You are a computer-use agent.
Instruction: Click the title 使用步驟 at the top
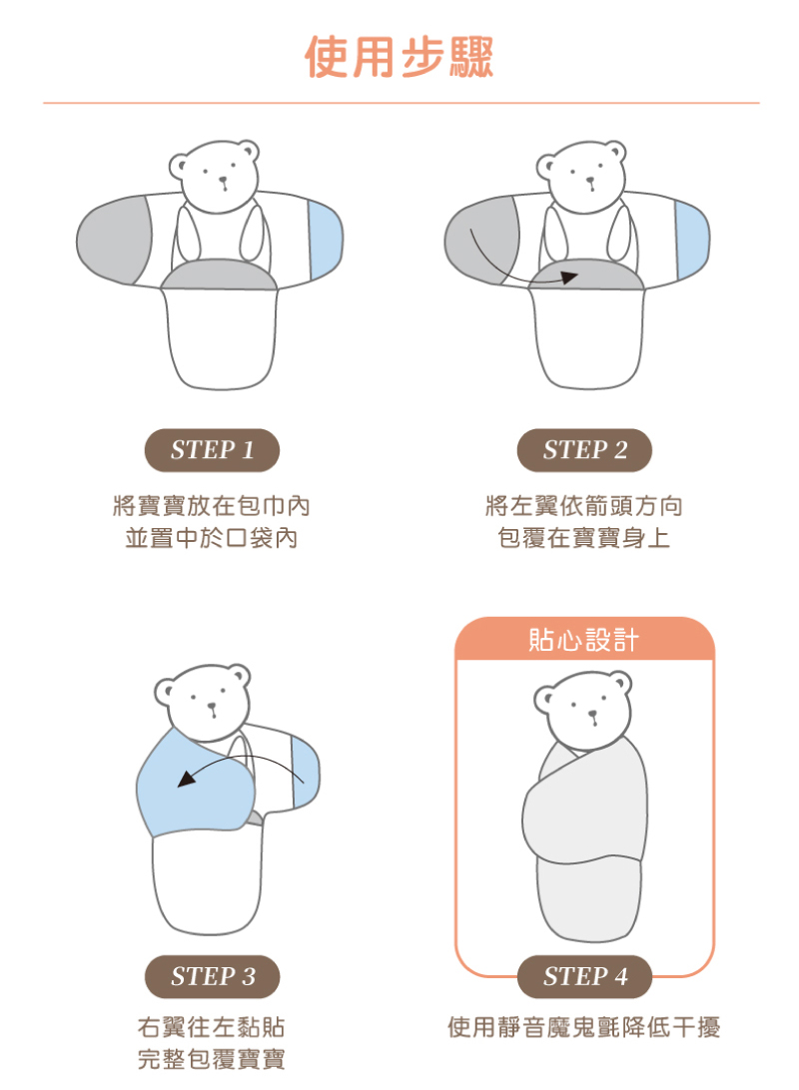click(399, 57)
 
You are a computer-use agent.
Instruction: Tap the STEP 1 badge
click(212, 450)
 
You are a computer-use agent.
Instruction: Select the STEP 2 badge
click(584, 450)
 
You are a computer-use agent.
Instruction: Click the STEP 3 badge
click(212, 976)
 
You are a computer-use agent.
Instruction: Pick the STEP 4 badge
click(584, 976)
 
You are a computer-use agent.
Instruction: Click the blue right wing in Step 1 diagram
click(326, 240)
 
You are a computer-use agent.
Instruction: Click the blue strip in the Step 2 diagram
click(691, 240)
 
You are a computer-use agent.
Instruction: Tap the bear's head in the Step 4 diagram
click(584, 709)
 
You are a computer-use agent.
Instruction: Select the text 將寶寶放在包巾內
click(212, 506)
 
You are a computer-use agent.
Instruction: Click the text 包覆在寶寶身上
click(584, 539)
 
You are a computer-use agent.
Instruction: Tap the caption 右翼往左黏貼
click(212, 1026)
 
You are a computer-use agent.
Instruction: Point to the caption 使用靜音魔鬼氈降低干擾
click(584, 1026)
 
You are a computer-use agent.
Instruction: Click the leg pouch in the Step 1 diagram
click(220, 339)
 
